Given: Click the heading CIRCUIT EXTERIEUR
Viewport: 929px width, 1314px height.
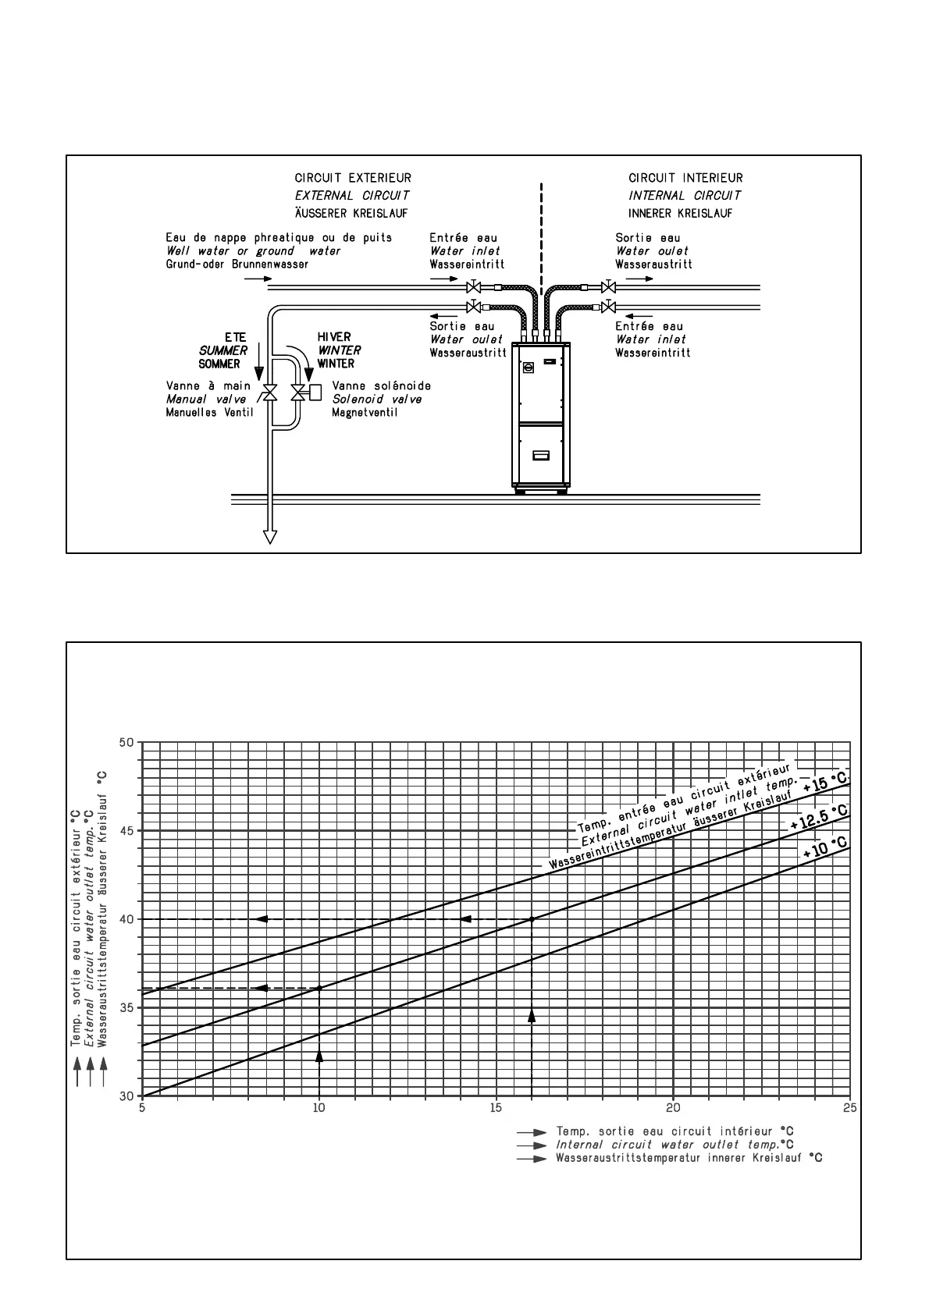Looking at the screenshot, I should click(353, 178).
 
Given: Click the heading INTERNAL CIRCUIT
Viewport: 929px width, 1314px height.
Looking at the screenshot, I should click(685, 196).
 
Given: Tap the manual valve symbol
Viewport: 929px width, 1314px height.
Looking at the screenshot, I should click(270, 392).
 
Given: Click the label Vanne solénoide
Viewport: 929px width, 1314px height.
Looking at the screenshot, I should click(381, 385).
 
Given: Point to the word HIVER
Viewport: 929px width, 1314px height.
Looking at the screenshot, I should click(334, 337).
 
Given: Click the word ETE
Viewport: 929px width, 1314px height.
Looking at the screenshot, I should click(235, 337).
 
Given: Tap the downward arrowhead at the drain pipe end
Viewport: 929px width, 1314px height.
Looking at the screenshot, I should click(270, 536).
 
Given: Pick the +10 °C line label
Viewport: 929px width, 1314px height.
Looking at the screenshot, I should click(824, 848).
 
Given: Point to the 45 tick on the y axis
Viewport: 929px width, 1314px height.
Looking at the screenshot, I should click(126, 831).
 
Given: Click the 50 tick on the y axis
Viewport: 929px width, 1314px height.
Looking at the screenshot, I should click(126, 742).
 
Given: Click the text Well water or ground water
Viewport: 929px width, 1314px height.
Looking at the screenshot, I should click(253, 251).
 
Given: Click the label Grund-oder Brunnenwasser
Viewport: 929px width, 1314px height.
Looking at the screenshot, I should click(237, 265).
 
